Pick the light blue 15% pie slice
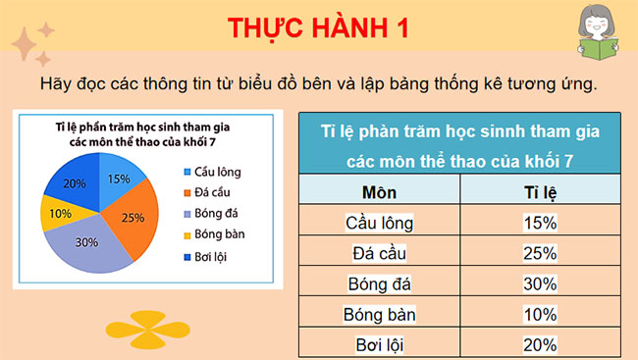tap(118, 180)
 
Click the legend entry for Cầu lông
tap(211, 172)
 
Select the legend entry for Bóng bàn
tap(215, 235)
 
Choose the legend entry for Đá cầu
tap(209, 192)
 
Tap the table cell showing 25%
tap(540, 253)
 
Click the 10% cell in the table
tap(540, 315)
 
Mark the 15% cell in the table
tap(540, 222)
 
